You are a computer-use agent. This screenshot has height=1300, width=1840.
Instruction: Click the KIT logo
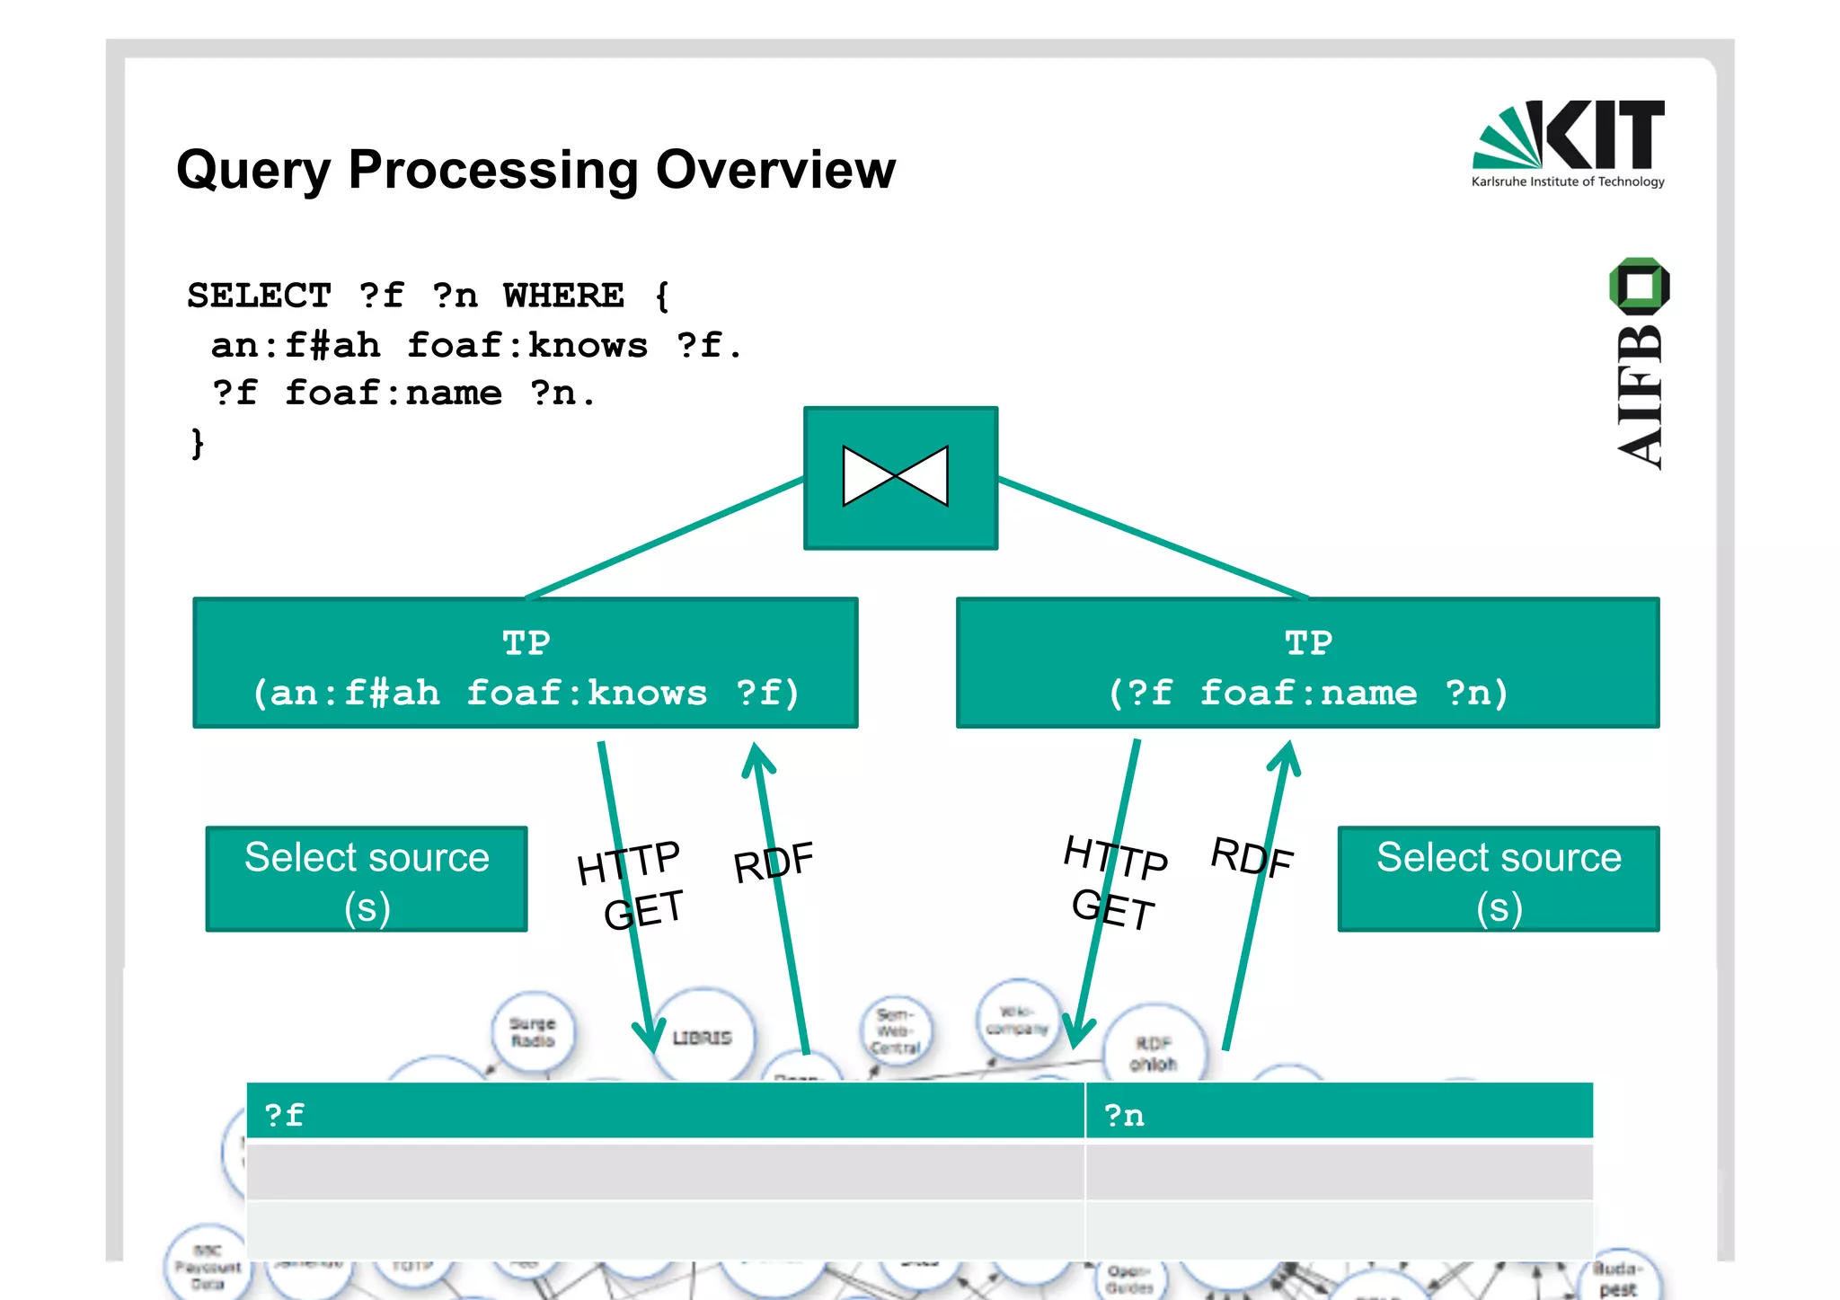(x=1568, y=142)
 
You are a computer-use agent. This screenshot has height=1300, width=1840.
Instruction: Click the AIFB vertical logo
(x=1639, y=364)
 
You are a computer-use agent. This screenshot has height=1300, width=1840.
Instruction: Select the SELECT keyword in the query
(x=259, y=296)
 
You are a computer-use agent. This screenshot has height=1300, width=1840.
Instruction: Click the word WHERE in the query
(x=563, y=296)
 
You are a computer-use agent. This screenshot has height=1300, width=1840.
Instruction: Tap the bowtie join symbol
(x=896, y=476)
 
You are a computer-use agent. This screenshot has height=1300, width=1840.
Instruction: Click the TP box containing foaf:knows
(x=526, y=664)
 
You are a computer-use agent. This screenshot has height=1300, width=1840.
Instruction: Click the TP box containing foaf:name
(x=1307, y=664)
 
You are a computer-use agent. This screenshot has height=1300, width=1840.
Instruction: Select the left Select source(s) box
(x=367, y=880)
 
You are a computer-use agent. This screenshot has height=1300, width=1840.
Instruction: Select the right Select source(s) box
(x=1499, y=880)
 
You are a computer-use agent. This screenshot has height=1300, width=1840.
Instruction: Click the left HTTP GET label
(x=632, y=886)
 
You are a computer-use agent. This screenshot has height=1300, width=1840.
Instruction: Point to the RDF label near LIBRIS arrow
(x=774, y=862)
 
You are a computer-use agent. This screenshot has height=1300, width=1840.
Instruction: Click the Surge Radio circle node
(x=533, y=1032)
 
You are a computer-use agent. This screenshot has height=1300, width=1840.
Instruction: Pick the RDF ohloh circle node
(x=1154, y=1052)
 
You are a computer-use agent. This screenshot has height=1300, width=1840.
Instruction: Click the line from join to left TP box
(x=665, y=538)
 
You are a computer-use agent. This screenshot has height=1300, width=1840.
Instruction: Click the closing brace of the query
(x=198, y=443)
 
